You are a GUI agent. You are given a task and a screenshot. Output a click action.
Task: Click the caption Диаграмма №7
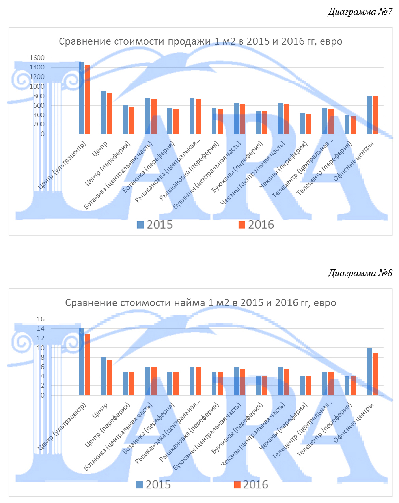pyautogui.click(x=360, y=12)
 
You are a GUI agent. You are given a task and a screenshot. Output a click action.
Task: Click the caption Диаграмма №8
pyautogui.click(x=360, y=273)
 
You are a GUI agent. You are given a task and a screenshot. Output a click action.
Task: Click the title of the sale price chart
pyautogui.click(x=200, y=41)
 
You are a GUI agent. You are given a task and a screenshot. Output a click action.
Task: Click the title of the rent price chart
pyautogui.click(x=200, y=303)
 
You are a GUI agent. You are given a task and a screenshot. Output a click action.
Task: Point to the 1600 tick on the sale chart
pyautogui.click(x=37, y=58)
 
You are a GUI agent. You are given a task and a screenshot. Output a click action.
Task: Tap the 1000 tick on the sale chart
pyautogui.click(x=37, y=86)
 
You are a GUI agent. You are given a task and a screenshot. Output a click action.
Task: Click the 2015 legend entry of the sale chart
pyautogui.click(x=155, y=225)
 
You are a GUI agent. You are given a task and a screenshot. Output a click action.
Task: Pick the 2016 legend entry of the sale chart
pyautogui.click(x=256, y=225)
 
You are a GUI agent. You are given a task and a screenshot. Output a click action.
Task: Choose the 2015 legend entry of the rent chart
pyautogui.click(x=153, y=484)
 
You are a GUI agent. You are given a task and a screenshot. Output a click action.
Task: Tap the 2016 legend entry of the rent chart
pyautogui.click(x=251, y=484)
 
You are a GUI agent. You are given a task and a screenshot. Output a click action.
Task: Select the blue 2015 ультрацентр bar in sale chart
pyautogui.click(x=81, y=98)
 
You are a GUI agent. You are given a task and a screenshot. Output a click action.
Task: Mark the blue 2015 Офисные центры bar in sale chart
pyautogui.click(x=369, y=115)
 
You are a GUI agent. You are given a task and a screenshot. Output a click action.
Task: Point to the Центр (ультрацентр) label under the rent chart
pyautogui.click(x=62, y=427)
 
